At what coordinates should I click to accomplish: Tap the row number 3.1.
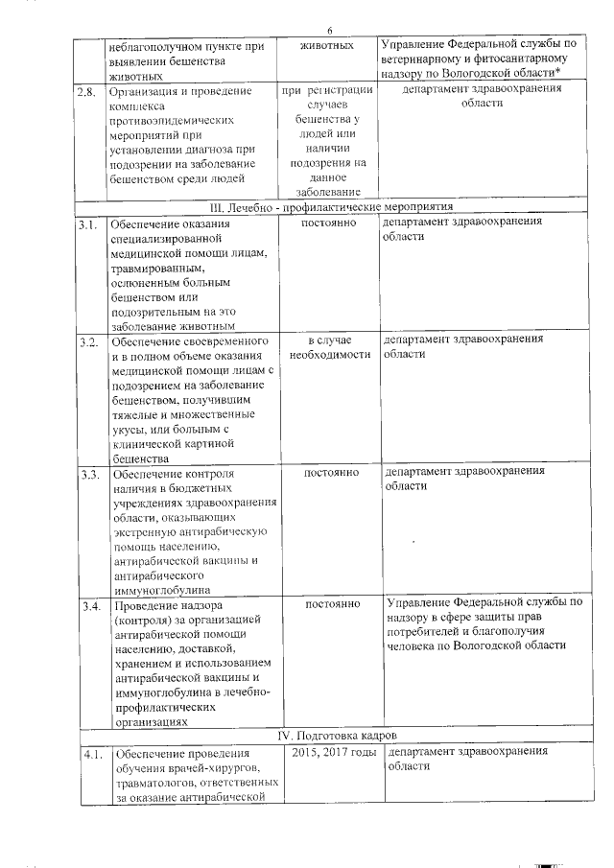(x=89, y=224)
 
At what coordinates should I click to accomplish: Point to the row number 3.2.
(x=89, y=342)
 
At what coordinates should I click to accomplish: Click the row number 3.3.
(x=90, y=474)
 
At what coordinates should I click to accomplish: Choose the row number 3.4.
(x=91, y=606)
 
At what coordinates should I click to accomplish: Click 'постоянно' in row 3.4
(x=331, y=604)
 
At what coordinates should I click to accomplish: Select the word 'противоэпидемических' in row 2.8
(x=172, y=123)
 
